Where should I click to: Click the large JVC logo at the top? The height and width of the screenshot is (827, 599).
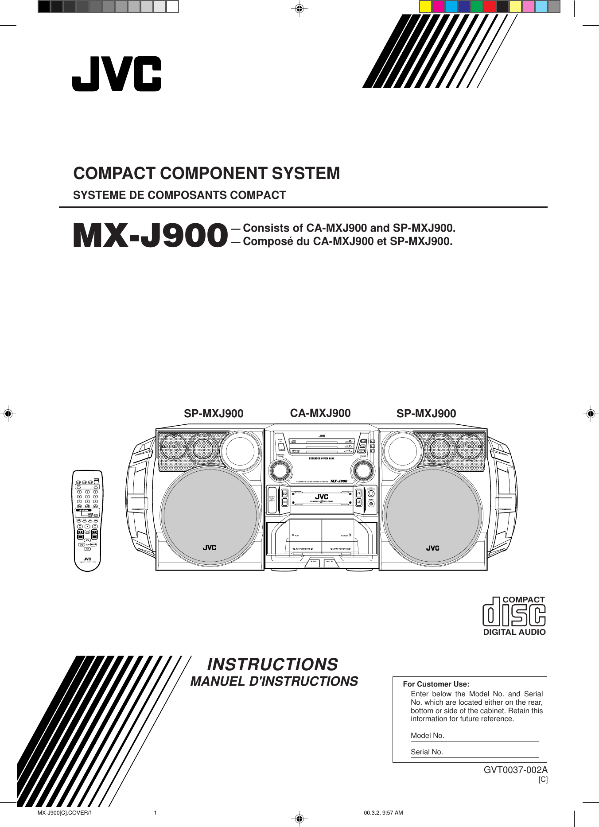click(117, 74)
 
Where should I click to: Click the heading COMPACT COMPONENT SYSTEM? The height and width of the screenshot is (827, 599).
click(206, 173)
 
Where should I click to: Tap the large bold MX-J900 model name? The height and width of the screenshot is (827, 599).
click(150, 235)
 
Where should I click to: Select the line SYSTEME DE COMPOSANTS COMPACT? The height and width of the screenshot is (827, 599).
click(179, 195)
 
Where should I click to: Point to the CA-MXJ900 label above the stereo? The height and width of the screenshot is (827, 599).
click(320, 413)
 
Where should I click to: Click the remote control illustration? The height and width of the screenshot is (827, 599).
click(87, 520)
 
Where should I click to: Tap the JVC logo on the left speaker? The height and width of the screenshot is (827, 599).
click(210, 547)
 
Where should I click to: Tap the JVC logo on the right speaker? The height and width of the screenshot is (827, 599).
click(433, 548)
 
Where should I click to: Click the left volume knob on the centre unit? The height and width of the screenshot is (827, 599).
click(280, 470)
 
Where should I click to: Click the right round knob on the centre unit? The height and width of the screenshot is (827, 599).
click(363, 470)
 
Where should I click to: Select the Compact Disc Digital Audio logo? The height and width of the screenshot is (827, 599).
click(514, 616)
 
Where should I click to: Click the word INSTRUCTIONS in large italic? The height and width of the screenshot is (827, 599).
click(272, 664)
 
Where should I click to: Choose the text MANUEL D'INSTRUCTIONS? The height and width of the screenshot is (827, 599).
click(274, 681)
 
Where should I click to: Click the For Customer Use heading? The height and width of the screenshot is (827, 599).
click(436, 684)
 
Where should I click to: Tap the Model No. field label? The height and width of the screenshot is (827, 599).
click(427, 735)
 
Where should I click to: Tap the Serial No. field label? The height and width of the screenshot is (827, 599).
click(427, 752)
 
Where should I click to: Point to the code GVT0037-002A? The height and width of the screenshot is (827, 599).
click(515, 770)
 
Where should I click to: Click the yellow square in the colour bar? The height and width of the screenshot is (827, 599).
click(425, 7)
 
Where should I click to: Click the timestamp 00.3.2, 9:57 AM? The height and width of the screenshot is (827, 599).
click(383, 813)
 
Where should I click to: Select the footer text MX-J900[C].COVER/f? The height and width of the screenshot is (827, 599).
click(64, 813)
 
